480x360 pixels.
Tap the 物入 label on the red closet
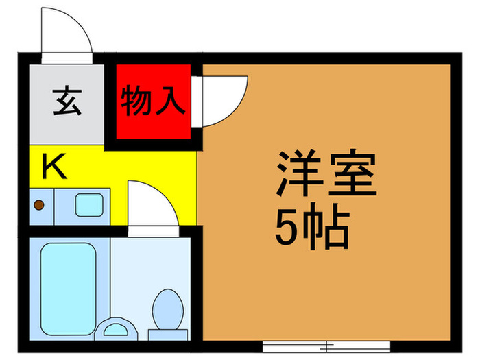click(x=152, y=101)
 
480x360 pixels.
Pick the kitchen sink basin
click(x=88, y=204)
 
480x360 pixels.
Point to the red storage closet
click(x=152, y=101)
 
